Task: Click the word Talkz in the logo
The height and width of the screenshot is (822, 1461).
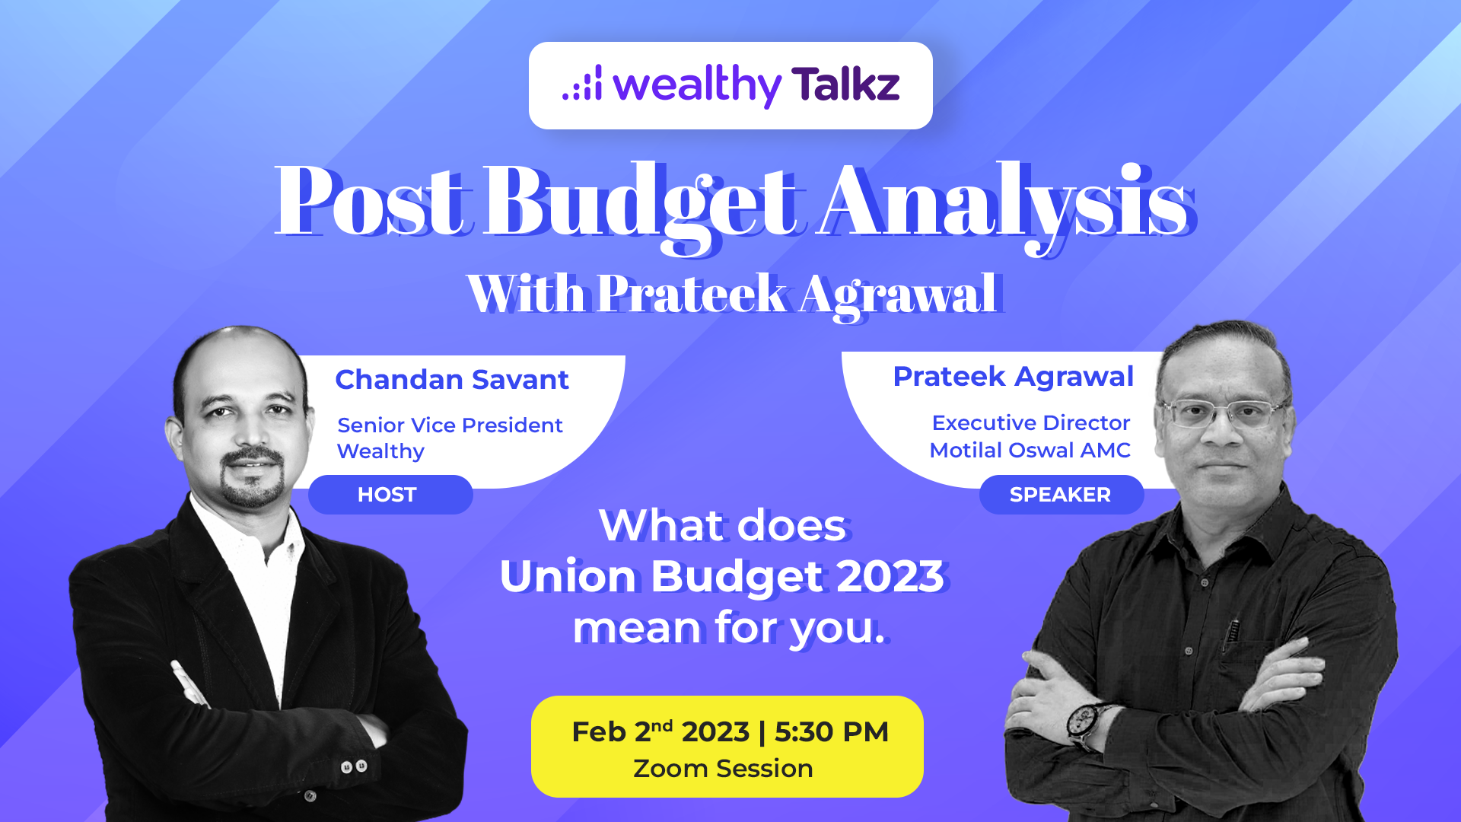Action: [845, 84]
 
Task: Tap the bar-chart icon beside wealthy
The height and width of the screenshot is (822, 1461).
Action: [582, 82]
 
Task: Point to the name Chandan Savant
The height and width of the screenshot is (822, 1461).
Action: [452, 379]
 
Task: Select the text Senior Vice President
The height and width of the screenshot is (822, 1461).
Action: [450, 425]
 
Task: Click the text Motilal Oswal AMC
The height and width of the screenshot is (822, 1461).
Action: [1030, 450]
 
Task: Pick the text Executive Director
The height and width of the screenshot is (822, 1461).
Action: [1031, 422]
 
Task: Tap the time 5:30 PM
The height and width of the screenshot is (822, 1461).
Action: [832, 731]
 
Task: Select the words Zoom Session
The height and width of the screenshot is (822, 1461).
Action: [723, 769]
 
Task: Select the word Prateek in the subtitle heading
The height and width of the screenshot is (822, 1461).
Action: [692, 294]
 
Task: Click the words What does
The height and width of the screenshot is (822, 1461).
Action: [723, 525]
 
